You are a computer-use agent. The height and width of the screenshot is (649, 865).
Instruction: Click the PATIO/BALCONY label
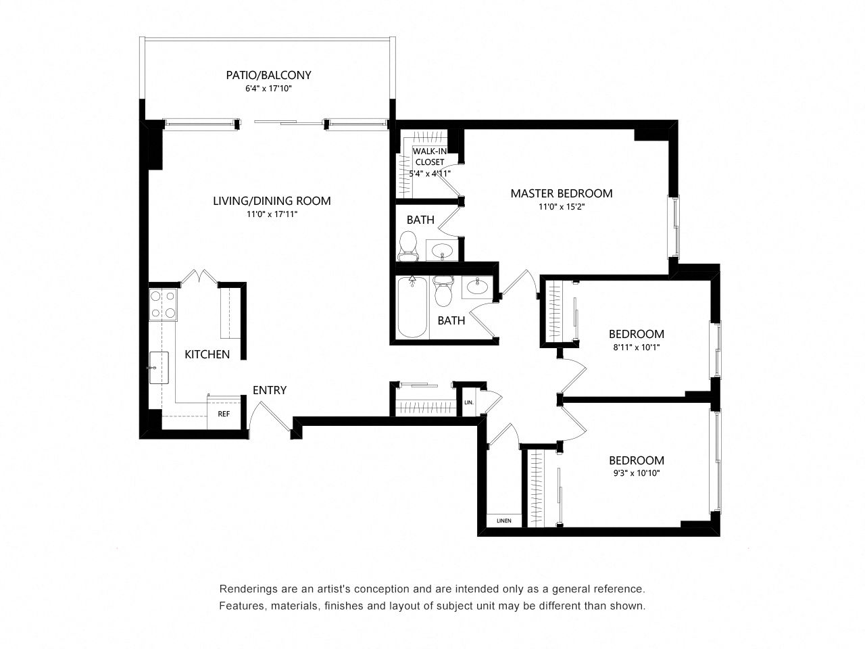(268, 75)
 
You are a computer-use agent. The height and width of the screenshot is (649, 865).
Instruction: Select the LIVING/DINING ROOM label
(272, 200)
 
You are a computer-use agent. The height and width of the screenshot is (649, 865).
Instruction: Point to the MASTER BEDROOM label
(561, 193)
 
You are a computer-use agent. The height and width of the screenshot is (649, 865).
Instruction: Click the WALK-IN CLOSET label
(429, 157)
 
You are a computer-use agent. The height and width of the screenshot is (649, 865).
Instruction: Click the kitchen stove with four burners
(163, 304)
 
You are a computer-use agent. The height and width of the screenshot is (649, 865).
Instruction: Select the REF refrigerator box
(223, 414)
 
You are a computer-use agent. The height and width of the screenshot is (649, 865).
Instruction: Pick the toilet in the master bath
(408, 245)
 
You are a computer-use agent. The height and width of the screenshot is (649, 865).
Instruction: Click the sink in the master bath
(443, 250)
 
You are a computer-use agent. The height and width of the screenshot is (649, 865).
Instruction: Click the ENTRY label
(270, 390)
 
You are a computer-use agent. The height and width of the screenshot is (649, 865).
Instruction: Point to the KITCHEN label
(207, 354)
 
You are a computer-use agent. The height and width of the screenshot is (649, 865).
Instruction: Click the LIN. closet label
(469, 403)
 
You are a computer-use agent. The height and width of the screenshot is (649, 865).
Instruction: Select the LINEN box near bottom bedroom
(503, 521)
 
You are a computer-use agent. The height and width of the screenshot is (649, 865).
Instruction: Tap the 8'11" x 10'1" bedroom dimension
(636, 347)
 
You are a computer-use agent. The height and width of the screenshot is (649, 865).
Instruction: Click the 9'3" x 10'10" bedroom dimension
(636, 473)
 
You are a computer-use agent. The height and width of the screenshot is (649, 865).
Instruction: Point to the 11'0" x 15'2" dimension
(561, 208)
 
